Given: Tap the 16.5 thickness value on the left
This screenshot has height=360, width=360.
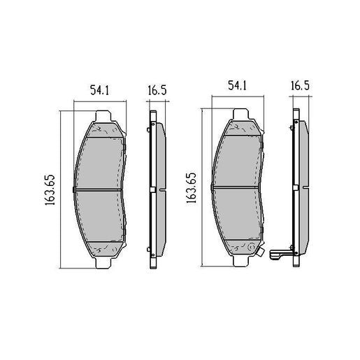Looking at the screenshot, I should tap(156, 89).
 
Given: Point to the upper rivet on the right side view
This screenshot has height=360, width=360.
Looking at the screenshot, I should tap(292, 127).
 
